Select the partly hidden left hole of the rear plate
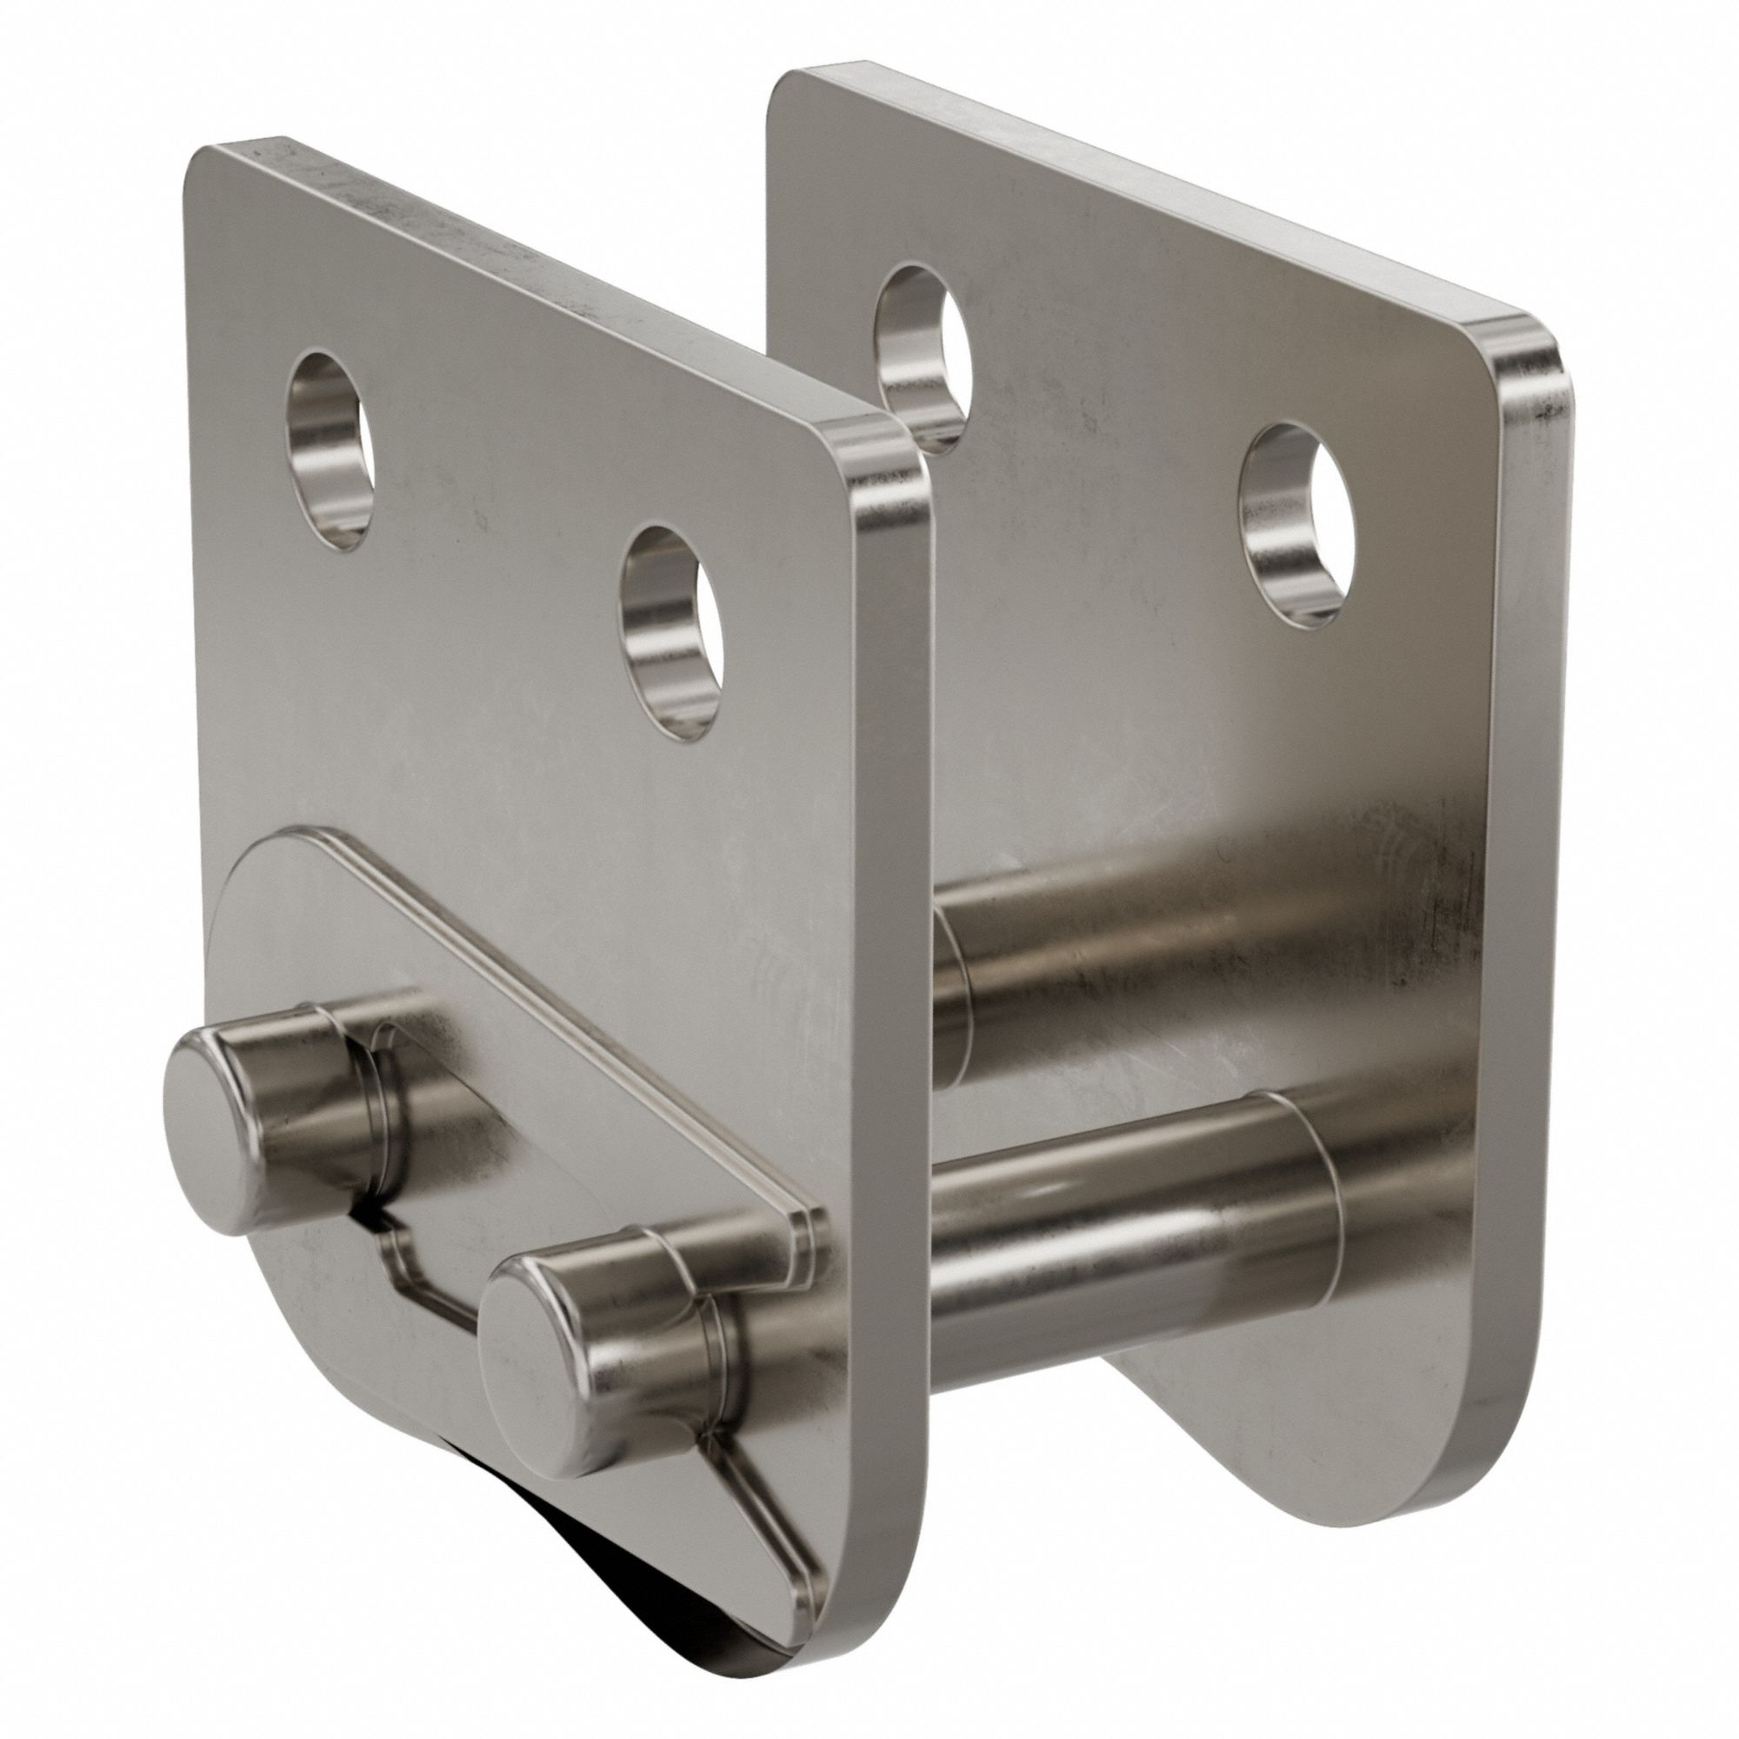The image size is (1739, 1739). (923, 356)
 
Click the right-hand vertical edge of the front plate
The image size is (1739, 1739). (891, 990)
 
